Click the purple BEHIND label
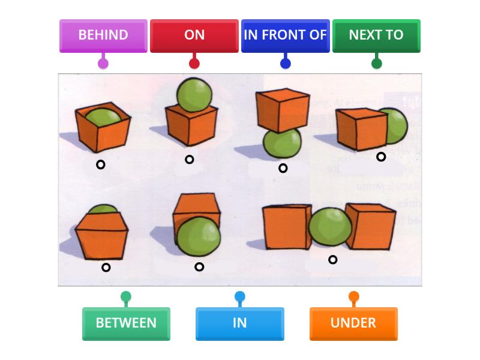pos(103,35)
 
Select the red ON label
pos(194,35)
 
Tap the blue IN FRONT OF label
pos(285,35)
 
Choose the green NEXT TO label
pos(376,35)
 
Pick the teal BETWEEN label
pos(126,323)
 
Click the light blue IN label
pos(239,323)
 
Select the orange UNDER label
pos(353,323)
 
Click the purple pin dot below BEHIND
pos(103,63)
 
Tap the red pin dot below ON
pos(194,63)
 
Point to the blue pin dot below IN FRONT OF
pos(285,63)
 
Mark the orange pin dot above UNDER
pos(353,296)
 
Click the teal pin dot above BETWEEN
pos(126,296)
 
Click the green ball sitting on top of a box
pos(194,94)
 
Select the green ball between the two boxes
pos(329,226)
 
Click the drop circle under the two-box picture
pos(332,260)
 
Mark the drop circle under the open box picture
pos(101,164)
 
